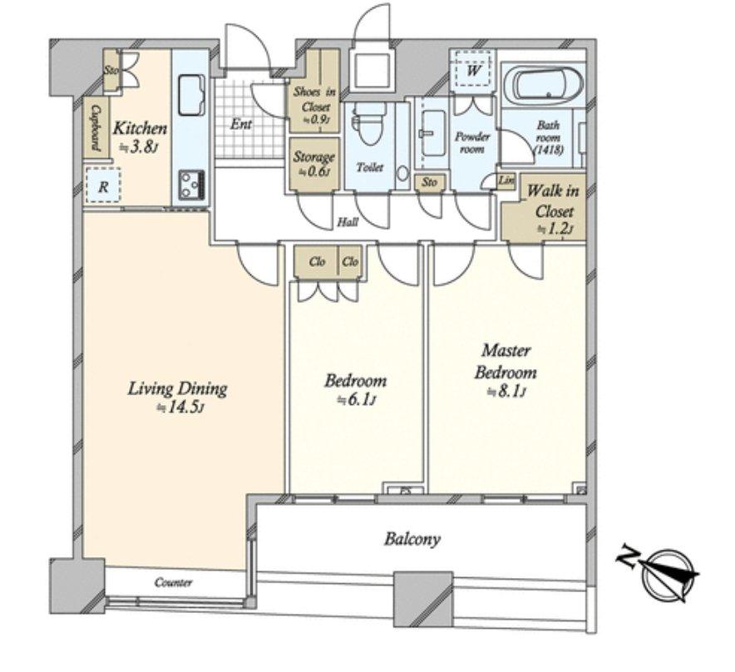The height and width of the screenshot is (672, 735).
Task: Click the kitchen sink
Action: pyautogui.click(x=190, y=94)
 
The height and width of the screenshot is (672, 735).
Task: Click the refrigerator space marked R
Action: pyautogui.click(x=103, y=185)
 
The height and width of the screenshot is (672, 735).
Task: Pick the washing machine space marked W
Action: pyautogui.click(x=473, y=71)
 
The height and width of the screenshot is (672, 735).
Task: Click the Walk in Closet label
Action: pyautogui.click(x=553, y=201)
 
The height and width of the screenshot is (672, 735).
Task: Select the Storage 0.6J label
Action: pyautogui.click(x=313, y=163)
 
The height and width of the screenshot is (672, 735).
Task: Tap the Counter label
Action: pyautogui.click(x=173, y=582)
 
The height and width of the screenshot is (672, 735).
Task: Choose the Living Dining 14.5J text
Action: pyautogui.click(x=178, y=397)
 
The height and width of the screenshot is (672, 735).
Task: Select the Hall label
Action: pyautogui.click(x=348, y=222)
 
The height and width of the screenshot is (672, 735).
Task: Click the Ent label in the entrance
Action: pyautogui.click(x=241, y=124)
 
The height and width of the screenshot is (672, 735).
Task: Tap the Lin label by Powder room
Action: pyautogui.click(x=506, y=180)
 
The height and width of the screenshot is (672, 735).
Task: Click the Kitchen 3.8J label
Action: pyautogui.click(x=140, y=137)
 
